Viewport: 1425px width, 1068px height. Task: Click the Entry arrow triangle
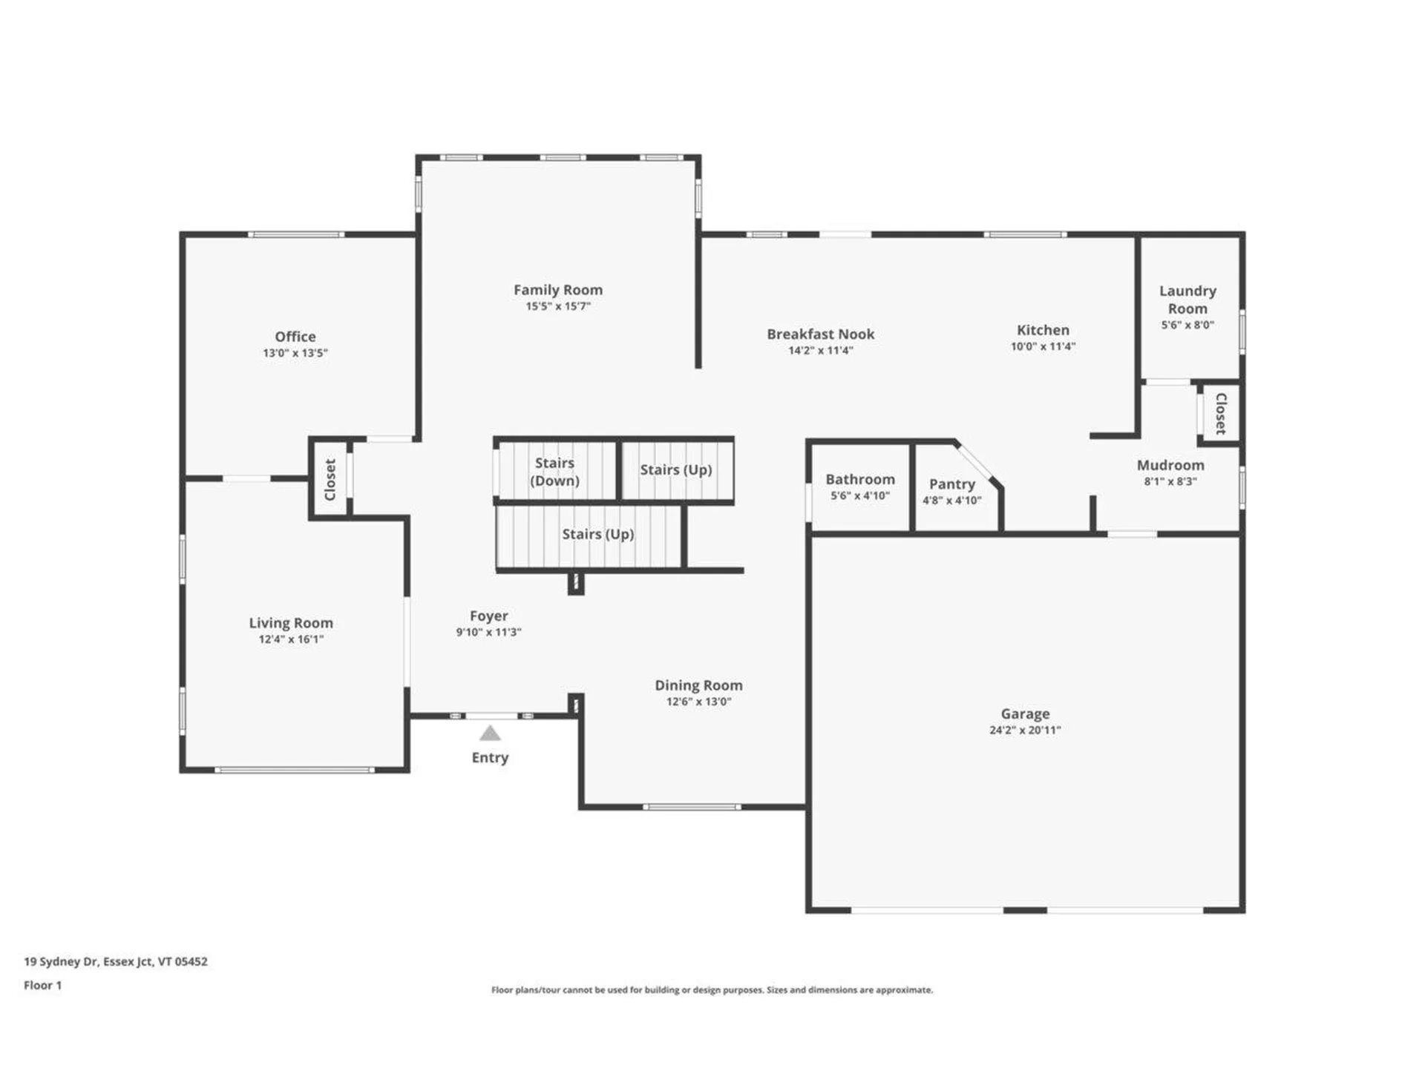(490, 734)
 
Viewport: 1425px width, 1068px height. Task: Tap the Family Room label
(558, 290)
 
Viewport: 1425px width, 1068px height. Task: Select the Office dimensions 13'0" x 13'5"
(295, 353)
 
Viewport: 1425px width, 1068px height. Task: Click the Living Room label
(291, 623)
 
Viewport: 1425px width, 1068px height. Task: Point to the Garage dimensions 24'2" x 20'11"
(1025, 730)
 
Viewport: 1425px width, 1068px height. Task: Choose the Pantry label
(951, 484)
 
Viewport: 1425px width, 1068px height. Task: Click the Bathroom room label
(860, 479)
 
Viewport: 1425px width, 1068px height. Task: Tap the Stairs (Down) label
(554, 472)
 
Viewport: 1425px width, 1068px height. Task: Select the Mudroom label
(1170, 465)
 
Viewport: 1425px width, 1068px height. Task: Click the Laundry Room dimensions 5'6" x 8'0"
(1187, 325)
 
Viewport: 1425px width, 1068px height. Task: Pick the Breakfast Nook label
(820, 334)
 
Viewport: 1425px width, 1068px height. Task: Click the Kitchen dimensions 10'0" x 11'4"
(1043, 346)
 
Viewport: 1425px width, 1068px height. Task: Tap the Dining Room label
(698, 685)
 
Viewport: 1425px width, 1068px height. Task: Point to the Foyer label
(488, 616)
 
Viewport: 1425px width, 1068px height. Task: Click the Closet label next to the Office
(330, 479)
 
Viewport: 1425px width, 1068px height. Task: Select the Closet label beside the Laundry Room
(1221, 413)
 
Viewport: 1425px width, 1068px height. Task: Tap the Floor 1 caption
(42, 985)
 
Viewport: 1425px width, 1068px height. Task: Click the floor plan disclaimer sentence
(712, 989)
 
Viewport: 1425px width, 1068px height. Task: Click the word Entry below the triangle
(490, 757)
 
